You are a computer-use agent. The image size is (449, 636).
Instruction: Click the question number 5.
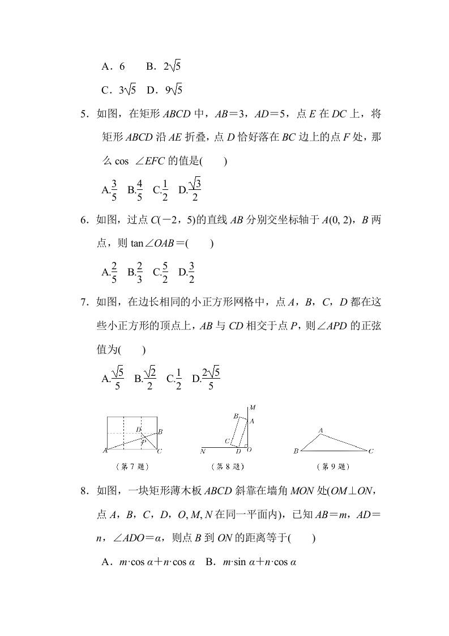pyautogui.click(x=84, y=114)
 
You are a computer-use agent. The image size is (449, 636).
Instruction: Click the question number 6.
pyautogui.click(x=84, y=219)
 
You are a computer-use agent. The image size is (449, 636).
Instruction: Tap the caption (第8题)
pyautogui.click(x=227, y=467)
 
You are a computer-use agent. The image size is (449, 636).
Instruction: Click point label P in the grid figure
pyautogui.click(x=143, y=441)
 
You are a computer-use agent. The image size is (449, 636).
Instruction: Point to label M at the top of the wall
pyautogui.click(x=253, y=408)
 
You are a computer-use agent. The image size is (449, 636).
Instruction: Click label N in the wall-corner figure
pyautogui.click(x=203, y=452)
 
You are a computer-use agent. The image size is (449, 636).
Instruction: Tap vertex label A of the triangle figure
pyautogui.click(x=320, y=431)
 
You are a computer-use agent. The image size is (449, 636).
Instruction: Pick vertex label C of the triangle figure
pyautogui.click(x=371, y=452)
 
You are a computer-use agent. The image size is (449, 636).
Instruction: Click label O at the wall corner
pyautogui.click(x=249, y=450)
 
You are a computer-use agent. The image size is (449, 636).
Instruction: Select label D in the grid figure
pyautogui.click(x=138, y=430)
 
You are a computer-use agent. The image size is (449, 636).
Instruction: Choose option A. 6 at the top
pyautogui.click(x=113, y=67)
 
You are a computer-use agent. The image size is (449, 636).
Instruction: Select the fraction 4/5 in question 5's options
pyautogui.click(x=139, y=190)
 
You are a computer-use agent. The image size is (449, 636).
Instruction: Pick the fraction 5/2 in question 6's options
pyautogui.click(x=165, y=272)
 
